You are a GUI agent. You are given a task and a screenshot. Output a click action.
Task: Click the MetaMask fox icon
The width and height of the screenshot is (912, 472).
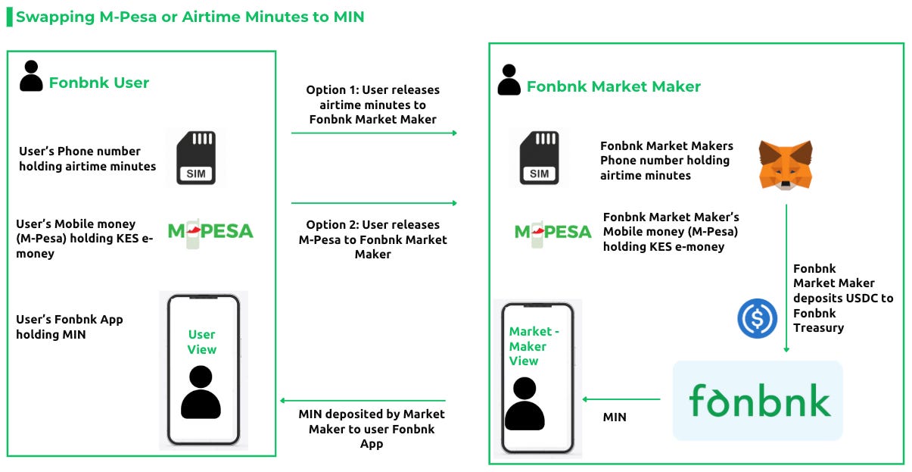pos(786,164)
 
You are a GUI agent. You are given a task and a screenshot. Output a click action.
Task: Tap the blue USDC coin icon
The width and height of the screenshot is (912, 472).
pos(757,318)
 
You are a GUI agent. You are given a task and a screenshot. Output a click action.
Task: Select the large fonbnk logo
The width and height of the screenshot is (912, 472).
pos(759,401)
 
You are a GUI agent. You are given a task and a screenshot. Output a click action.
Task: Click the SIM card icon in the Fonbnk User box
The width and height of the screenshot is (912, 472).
pos(196,158)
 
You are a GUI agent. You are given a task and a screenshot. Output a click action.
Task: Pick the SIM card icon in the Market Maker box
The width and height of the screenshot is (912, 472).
pos(539,158)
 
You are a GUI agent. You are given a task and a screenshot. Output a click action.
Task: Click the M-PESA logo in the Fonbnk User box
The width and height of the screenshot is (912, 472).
pos(210,233)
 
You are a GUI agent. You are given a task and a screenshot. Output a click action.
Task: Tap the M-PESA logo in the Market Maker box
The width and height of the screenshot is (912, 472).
pos(552,233)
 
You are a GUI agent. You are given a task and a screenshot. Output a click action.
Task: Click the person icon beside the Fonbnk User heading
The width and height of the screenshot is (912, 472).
pos(31,76)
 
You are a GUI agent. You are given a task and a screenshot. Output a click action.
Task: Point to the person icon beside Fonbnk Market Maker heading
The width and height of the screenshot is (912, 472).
pos(509,80)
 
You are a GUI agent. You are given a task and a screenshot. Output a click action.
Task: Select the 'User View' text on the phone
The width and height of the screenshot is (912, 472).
pos(202,342)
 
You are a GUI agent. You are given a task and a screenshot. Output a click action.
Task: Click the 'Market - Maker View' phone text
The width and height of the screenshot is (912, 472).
pos(534,346)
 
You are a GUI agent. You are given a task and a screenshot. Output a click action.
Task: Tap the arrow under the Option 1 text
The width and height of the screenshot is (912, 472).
pos(374,133)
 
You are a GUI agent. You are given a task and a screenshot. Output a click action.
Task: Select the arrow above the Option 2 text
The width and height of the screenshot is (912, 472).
pos(374,203)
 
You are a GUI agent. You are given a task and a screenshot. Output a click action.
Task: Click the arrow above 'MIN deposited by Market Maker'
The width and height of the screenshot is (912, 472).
pos(363,401)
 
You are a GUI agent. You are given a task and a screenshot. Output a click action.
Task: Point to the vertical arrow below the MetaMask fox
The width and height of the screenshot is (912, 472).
pos(786,278)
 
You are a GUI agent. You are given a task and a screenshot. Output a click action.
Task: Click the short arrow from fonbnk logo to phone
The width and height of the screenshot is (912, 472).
pos(621,399)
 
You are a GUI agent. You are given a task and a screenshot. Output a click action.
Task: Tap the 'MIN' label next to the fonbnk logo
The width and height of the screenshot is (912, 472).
pos(615,417)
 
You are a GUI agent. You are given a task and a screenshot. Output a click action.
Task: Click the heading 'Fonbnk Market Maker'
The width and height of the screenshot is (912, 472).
pos(614,86)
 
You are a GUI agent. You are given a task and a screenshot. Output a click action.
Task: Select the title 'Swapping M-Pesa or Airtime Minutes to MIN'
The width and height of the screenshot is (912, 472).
pos(190,17)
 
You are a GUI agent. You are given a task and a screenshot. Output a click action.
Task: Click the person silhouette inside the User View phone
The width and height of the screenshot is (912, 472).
pos(201,392)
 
